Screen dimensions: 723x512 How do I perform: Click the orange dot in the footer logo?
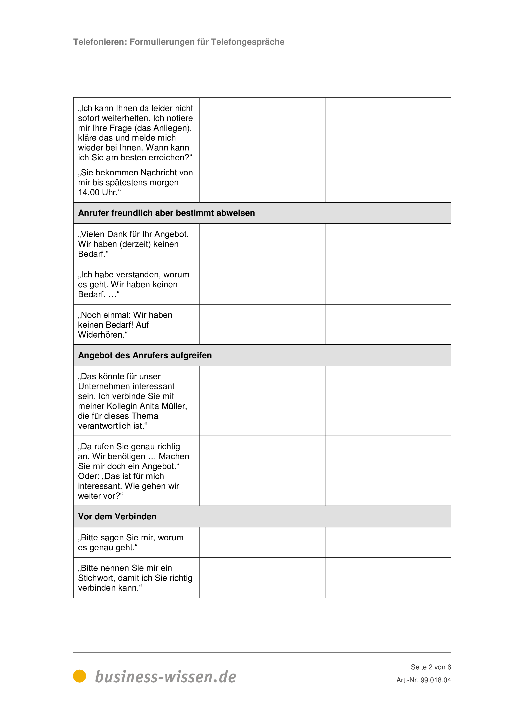pos(79,676)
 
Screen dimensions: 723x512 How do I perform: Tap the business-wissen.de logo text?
pos(166,677)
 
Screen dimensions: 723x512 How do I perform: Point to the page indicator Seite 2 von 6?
pos(431,667)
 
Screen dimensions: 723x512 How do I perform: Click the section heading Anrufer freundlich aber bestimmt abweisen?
pos(167,213)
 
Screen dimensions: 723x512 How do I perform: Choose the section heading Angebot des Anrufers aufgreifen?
pos(145,355)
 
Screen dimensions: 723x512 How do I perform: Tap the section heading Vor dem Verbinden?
pos(117,516)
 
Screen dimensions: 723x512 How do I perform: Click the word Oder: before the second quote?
pos(89,476)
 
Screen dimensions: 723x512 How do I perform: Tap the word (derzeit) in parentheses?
pos(135,244)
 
